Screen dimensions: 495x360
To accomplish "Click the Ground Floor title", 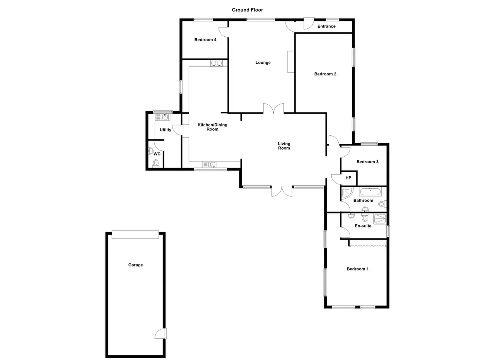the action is point(247,10).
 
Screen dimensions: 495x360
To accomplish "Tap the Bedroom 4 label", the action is point(205,39).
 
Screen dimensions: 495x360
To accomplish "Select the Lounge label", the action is point(263,63).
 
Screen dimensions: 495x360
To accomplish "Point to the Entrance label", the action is point(326,26).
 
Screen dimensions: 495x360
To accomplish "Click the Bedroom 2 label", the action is point(325,74).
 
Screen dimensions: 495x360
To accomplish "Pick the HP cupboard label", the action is point(348,177).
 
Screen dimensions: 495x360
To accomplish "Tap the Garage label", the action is point(135,265).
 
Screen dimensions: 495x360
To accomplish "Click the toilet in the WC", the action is point(156,164).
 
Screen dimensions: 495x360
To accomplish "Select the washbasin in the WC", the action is point(150,151).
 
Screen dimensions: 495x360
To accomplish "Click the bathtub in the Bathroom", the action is point(370,192).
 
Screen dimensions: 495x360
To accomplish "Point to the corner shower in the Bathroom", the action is point(348,193).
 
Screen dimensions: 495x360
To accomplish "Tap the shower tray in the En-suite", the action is point(380,218).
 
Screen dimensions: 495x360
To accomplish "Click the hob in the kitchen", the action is point(216,63).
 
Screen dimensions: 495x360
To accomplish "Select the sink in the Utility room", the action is point(163,117).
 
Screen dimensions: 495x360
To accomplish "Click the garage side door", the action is point(160,333).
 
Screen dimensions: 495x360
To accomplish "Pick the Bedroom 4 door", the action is point(224,32).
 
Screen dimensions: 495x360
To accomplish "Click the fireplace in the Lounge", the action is point(291,61).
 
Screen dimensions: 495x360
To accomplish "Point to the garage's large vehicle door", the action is point(135,235).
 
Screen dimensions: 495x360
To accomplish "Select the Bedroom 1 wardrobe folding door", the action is point(368,246).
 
